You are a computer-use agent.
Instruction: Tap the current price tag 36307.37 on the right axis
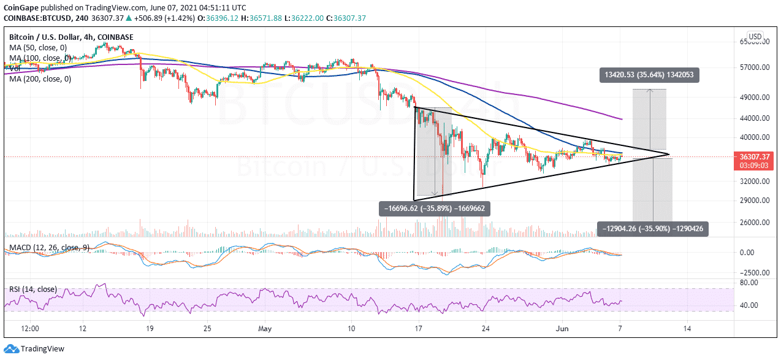click(756, 156)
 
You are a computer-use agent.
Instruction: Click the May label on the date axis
click(265, 328)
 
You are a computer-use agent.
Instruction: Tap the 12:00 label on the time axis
click(29, 328)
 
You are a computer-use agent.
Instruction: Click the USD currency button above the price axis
click(755, 37)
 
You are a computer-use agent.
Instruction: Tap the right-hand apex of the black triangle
click(669, 154)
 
